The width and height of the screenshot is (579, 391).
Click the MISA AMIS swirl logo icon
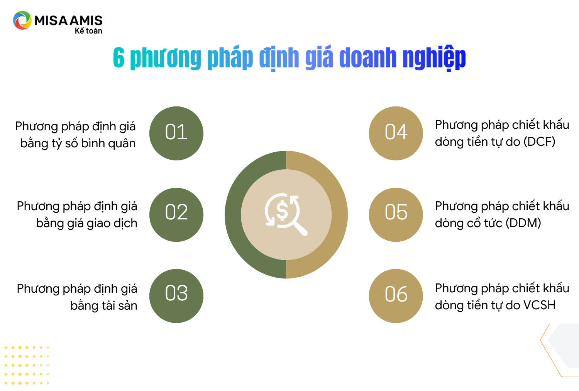[22, 20]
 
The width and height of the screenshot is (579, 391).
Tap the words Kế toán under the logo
[88, 31]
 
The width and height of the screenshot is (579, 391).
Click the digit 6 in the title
[119, 57]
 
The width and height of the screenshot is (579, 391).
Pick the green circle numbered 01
[176, 133]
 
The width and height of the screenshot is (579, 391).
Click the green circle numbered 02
[176, 215]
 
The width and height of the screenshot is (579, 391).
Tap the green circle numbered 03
[176, 296]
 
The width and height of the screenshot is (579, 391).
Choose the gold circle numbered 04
[396, 133]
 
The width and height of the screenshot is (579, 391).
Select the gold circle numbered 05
[396, 215]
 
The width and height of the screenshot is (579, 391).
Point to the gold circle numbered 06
[396, 296]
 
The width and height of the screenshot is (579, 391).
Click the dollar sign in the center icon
[282, 210]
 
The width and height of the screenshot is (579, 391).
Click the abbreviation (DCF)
[540, 142]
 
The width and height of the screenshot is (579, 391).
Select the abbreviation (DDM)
[523, 223]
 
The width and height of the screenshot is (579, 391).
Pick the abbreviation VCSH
[540, 305]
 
